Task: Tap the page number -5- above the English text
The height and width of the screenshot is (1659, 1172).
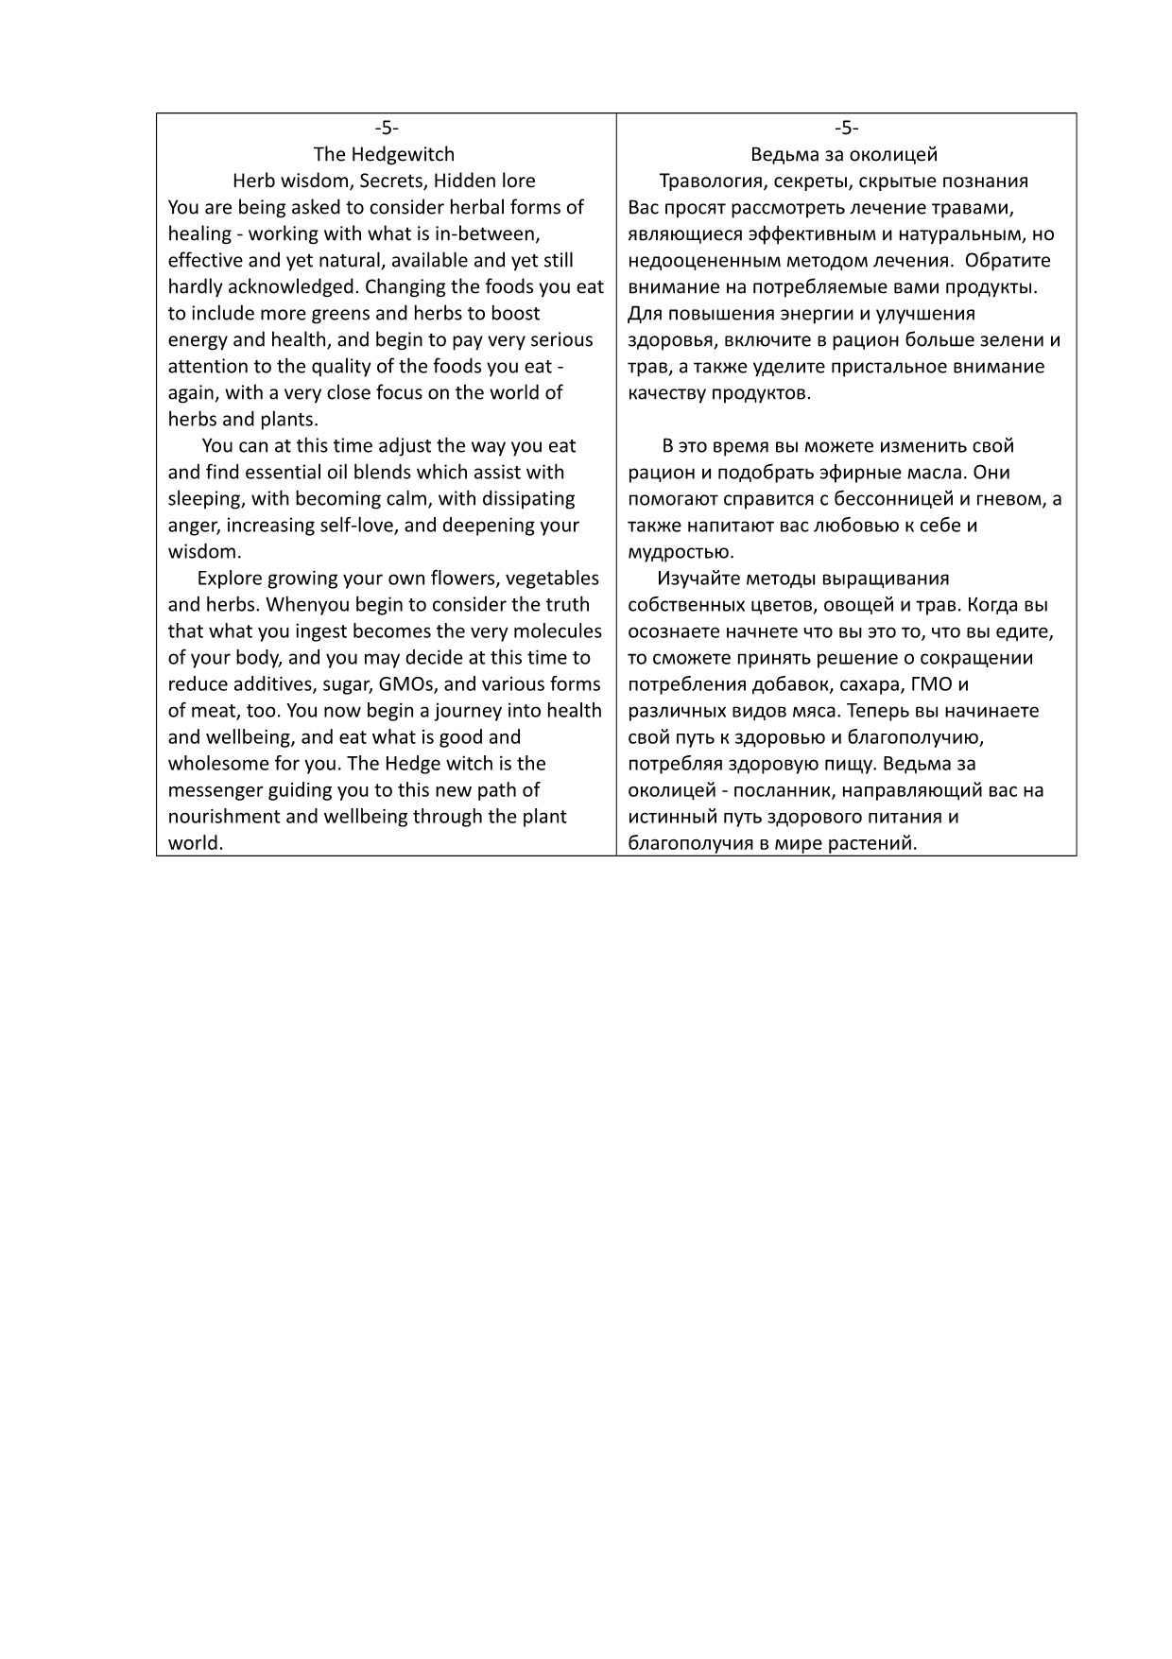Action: [386, 128]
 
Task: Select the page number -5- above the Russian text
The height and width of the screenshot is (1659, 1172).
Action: [846, 128]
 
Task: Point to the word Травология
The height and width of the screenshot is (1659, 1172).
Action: [713, 181]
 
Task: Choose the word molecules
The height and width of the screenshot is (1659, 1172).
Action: [555, 631]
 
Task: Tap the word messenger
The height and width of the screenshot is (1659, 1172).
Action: [215, 789]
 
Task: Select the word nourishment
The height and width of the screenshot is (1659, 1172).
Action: [223, 816]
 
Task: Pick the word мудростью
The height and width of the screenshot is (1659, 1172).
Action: [681, 551]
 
